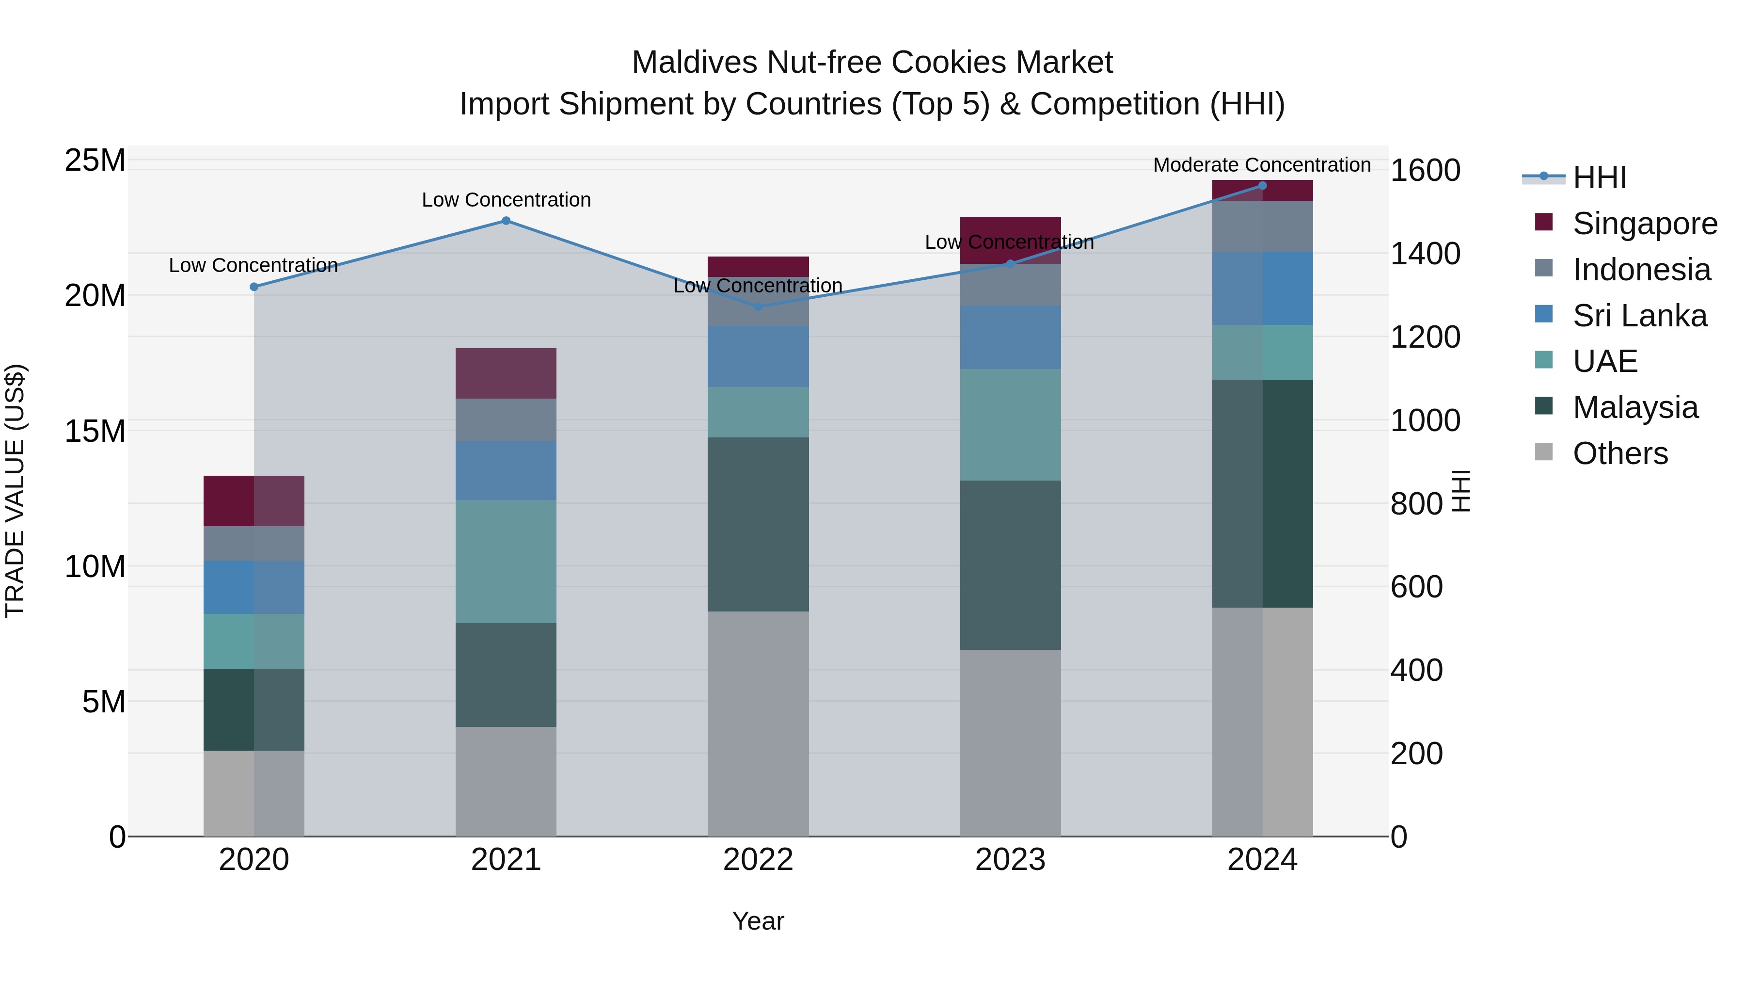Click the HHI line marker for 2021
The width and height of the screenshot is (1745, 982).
click(506, 221)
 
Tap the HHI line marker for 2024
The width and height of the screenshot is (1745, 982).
click(1262, 186)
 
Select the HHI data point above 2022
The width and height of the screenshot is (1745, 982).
click(758, 306)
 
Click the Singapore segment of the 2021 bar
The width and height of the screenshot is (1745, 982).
click(506, 373)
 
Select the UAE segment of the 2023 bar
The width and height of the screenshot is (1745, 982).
click(1010, 425)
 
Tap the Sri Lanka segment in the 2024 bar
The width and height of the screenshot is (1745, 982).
click(1262, 288)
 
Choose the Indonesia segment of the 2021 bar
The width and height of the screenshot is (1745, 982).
click(506, 419)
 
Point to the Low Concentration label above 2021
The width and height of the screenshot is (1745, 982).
click(506, 200)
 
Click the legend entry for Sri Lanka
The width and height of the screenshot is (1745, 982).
click(1639, 316)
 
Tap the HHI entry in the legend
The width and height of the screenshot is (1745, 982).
click(1599, 177)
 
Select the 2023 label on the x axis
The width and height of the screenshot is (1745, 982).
click(1010, 860)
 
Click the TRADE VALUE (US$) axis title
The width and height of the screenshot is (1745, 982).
click(15, 491)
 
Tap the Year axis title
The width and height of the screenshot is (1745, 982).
click(758, 921)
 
